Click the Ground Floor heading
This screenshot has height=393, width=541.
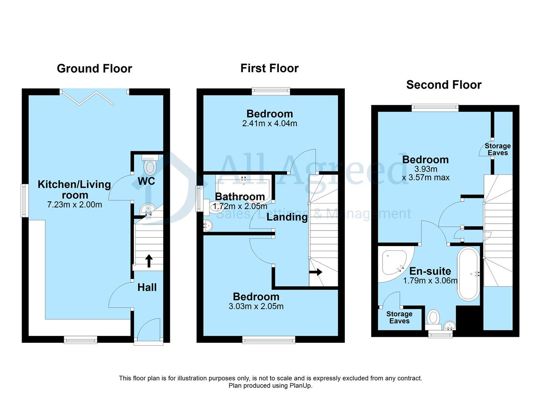tap(94, 69)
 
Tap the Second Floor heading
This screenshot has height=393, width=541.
tap(444, 85)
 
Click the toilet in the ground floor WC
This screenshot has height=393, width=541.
tap(150, 165)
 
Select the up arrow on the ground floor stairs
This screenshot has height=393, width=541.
tap(149, 261)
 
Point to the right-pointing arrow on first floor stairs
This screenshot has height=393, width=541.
tap(316, 272)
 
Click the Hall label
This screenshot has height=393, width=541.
tap(147, 287)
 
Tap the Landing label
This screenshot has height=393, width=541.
tap(287, 217)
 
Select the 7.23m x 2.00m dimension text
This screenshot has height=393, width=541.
tap(75, 205)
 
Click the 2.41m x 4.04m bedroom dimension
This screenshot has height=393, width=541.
tap(270, 124)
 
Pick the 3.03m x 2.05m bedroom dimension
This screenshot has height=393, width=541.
tap(256, 306)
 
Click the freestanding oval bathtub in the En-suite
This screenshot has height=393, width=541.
tap(469, 274)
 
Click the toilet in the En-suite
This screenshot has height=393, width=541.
tap(433, 320)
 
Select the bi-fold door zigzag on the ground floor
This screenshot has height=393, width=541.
tap(87, 98)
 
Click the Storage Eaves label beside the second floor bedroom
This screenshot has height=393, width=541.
tap(498, 149)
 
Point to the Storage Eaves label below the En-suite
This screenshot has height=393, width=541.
tap(399, 317)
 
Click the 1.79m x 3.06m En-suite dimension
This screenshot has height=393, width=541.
tap(430, 281)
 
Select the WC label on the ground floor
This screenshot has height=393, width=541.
tap(146, 181)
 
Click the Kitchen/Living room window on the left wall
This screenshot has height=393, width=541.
tap(25, 201)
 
